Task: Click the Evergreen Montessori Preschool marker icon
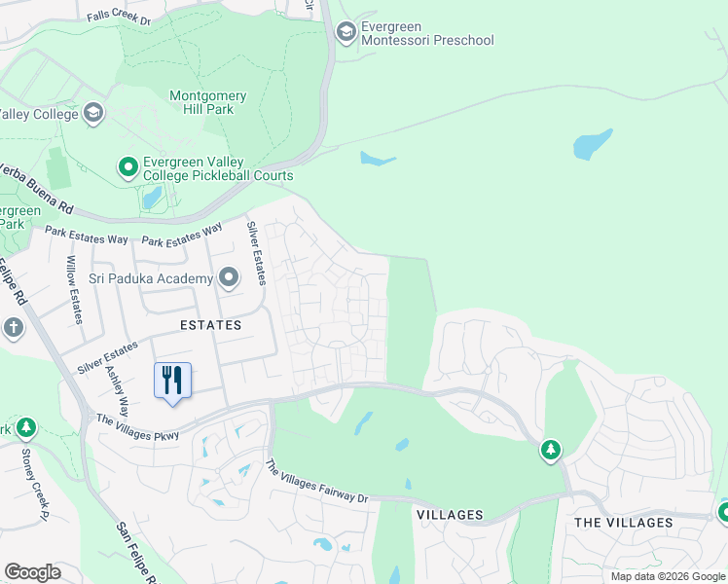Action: (x=345, y=33)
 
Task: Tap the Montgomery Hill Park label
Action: (x=208, y=103)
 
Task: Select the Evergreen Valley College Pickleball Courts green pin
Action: (x=127, y=168)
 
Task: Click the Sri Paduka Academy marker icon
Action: (x=229, y=279)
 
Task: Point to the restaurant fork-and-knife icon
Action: (x=173, y=379)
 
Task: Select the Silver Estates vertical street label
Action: (x=254, y=253)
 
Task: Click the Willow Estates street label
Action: (x=73, y=289)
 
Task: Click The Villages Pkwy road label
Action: (x=137, y=427)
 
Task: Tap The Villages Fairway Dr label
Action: (x=317, y=482)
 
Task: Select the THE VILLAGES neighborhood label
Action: (x=624, y=523)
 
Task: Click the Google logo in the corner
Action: (x=32, y=572)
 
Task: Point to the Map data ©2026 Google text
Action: (x=668, y=576)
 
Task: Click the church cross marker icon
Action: (x=14, y=327)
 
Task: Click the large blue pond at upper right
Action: (x=593, y=144)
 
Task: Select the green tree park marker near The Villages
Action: (x=551, y=450)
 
